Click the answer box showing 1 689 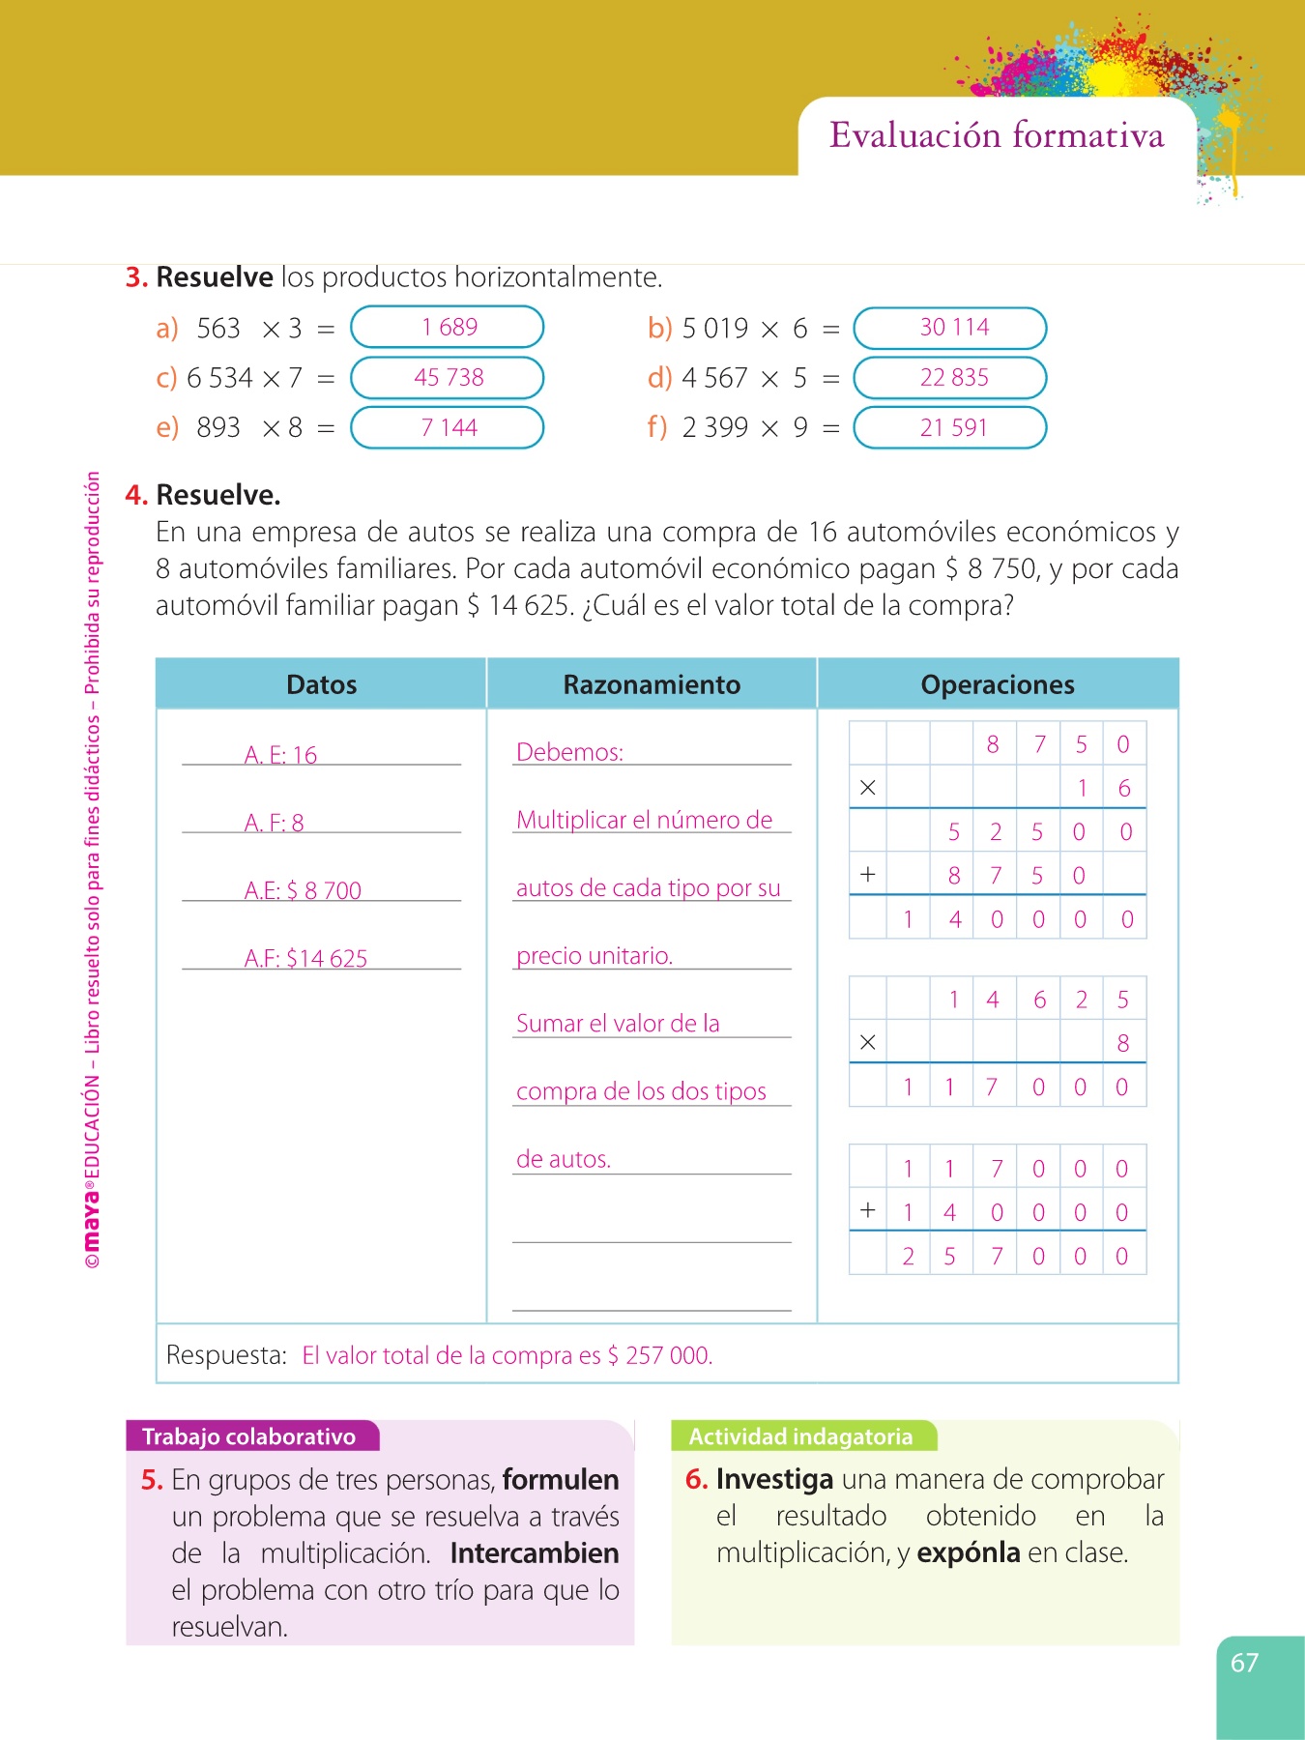click(x=448, y=327)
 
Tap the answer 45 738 click(x=448, y=377)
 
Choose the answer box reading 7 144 click(x=448, y=427)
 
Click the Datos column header click(x=321, y=684)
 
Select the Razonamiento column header click(x=652, y=684)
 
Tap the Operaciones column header click(x=997, y=684)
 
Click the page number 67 click(x=1244, y=1663)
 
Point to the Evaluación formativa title click(x=997, y=135)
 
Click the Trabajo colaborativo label click(x=248, y=1436)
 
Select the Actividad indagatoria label click(x=800, y=1436)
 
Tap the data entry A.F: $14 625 click(x=305, y=958)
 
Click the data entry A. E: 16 click(x=280, y=755)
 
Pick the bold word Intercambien click(x=535, y=1553)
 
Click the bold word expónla click(x=968, y=1553)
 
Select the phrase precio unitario click(x=594, y=956)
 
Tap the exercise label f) click(x=657, y=427)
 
